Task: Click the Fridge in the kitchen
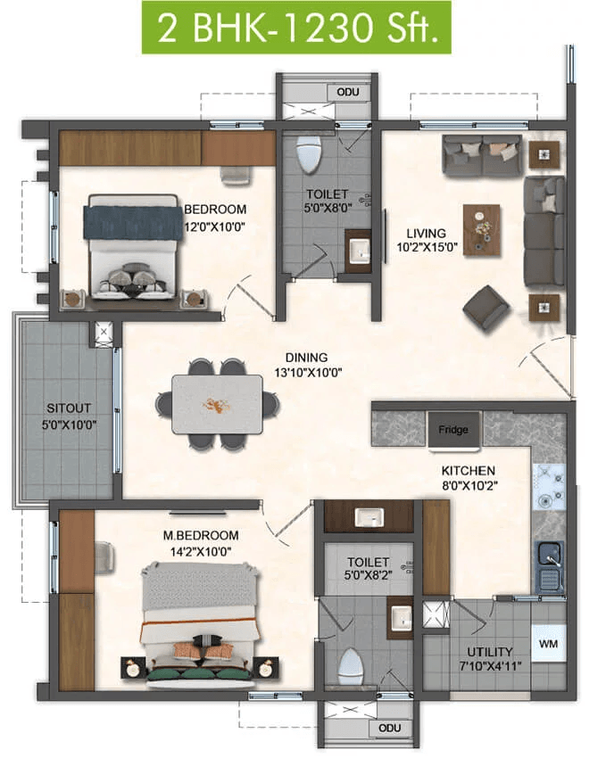pyautogui.click(x=453, y=430)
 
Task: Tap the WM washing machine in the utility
pyautogui.click(x=548, y=644)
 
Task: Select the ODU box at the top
pyautogui.click(x=347, y=92)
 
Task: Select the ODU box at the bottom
pyautogui.click(x=390, y=728)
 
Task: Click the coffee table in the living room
pyautogui.click(x=482, y=230)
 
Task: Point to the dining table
pyautogui.click(x=218, y=404)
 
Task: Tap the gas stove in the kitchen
pyautogui.click(x=549, y=487)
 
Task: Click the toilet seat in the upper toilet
pyautogui.click(x=309, y=153)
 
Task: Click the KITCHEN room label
pyautogui.click(x=469, y=470)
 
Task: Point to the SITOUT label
pyautogui.click(x=69, y=408)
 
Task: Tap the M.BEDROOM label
pyautogui.click(x=200, y=535)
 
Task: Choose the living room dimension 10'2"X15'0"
pyautogui.click(x=427, y=248)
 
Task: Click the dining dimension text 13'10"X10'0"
pyautogui.click(x=308, y=373)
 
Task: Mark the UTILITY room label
pyautogui.click(x=490, y=652)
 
